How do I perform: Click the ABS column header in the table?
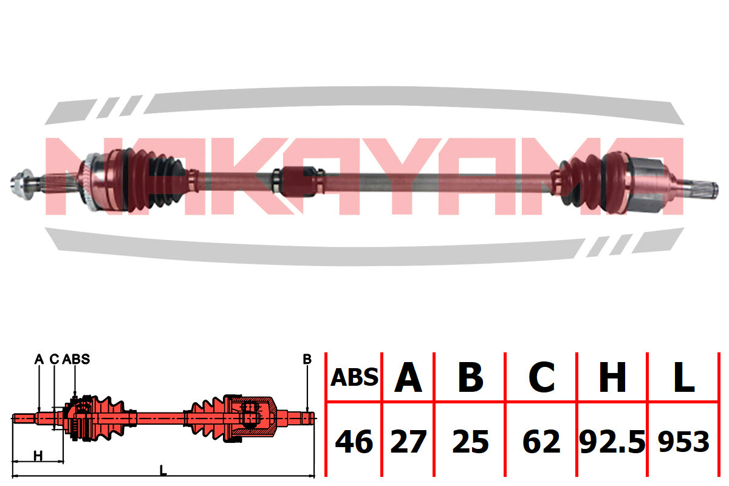coord(354,378)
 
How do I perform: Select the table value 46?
coord(354,442)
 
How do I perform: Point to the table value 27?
coord(408,442)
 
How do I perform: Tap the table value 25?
coord(471,442)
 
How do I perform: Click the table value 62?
coord(541,442)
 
